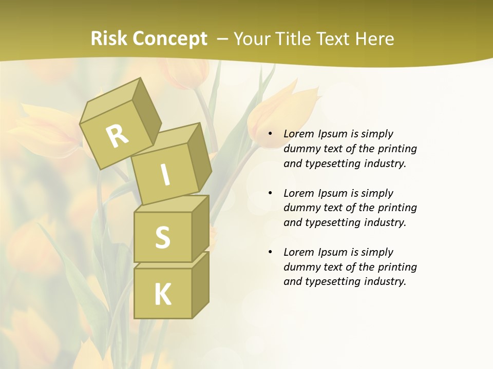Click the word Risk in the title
109,39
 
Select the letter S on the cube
162,237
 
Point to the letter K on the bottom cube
162,295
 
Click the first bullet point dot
270,134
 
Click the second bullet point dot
270,193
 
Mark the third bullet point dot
270,252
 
